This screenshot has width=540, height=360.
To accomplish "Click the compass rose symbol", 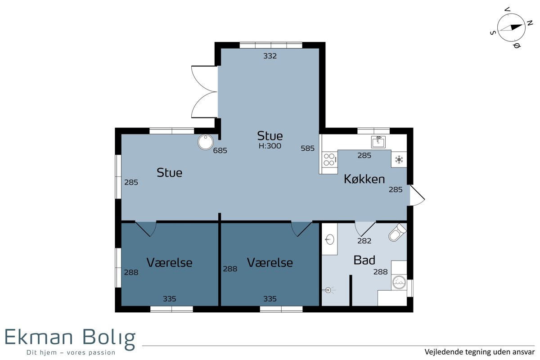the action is (x=511, y=27).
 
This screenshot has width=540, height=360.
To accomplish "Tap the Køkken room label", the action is (x=364, y=179).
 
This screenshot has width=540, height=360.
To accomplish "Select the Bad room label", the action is (x=364, y=260).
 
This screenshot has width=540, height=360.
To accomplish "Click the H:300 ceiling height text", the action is (x=270, y=146).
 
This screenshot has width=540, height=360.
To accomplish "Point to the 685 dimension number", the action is (x=220, y=150).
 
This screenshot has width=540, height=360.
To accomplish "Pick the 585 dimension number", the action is (x=308, y=148).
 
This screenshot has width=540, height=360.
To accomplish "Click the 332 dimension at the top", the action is (x=270, y=56).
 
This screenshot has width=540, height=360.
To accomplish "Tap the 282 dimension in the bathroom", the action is (x=364, y=241).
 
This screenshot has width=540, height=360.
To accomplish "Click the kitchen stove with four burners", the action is (x=329, y=160).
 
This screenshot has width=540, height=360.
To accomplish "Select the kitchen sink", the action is (x=378, y=142).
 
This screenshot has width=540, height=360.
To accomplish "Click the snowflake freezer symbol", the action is (x=399, y=160).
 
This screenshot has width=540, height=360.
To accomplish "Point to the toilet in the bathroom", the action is (x=397, y=233).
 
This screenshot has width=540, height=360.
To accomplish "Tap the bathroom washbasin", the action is (x=329, y=240).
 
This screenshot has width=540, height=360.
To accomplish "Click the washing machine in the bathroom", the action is (x=399, y=282).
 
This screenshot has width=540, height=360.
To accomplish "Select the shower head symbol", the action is (x=328, y=290).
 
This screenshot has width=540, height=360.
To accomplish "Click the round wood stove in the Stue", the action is (x=205, y=142).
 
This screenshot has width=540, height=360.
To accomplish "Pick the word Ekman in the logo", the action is (x=39, y=337).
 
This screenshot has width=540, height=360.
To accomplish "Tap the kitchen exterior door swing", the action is (x=417, y=196).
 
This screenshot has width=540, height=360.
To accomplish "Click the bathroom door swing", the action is (x=365, y=229).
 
